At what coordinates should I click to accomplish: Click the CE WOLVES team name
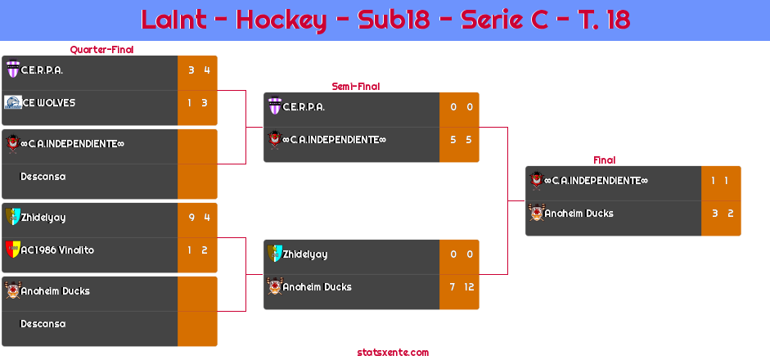[48, 103]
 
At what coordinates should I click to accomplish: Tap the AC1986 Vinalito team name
[57, 250]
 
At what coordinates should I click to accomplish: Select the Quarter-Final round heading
[101, 50]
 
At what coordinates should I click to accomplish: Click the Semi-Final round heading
[354, 86]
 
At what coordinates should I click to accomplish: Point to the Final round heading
[603, 160]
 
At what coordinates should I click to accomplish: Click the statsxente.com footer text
[393, 353]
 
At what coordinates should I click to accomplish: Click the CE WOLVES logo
[12, 103]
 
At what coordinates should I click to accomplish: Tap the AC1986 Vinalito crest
[12, 250]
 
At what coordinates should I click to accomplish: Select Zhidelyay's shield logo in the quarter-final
[12, 217]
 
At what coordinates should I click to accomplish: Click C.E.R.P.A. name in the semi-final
[304, 107]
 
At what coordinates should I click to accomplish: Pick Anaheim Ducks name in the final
[579, 214]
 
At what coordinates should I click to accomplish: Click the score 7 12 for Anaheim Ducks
[459, 287]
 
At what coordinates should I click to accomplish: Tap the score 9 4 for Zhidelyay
[198, 217]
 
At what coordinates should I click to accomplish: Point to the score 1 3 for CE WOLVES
[198, 103]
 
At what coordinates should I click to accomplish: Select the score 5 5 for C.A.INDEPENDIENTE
[460, 140]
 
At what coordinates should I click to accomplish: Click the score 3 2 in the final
[722, 214]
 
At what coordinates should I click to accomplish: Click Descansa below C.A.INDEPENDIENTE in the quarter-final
[43, 177]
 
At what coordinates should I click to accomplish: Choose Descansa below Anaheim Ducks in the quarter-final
[43, 324]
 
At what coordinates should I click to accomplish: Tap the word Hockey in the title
[280, 20]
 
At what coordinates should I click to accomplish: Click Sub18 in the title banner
[394, 20]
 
